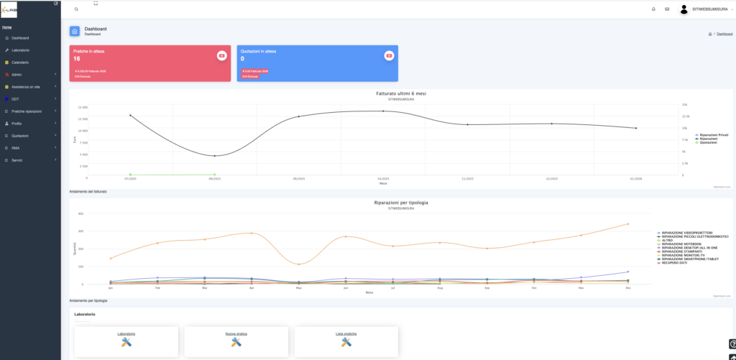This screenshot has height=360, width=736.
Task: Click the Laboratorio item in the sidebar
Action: click(20, 50)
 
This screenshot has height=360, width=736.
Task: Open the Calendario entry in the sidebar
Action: click(20, 62)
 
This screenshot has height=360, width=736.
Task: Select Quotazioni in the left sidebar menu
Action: click(21, 136)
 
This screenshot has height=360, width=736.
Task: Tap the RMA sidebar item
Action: click(15, 148)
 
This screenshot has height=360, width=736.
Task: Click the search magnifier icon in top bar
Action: click(77, 9)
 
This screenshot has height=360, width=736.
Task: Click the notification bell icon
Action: click(653, 9)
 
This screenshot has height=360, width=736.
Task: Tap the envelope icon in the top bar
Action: click(667, 9)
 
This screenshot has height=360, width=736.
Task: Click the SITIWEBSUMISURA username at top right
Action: click(711, 9)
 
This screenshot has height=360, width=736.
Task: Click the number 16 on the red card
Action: click(77, 59)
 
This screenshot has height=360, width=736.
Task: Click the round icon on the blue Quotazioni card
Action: click(389, 55)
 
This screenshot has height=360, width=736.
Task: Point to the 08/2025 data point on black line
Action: click(214, 156)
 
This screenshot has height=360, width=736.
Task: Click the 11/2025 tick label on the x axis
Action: click(467, 178)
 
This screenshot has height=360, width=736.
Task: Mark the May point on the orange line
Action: click(299, 264)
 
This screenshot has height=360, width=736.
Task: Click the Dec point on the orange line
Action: click(628, 224)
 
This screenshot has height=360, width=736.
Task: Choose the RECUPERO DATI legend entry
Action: click(676, 263)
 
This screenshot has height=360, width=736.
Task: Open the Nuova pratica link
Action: click(236, 334)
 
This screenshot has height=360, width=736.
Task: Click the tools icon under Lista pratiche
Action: click(346, 343)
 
